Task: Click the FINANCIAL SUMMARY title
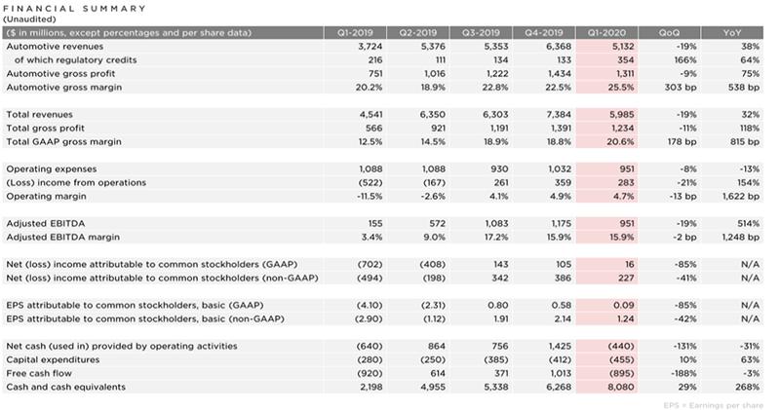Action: [x=76, y=8]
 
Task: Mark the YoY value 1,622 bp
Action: [x=741, y=196]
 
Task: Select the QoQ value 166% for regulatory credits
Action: [x=681, y=59]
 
